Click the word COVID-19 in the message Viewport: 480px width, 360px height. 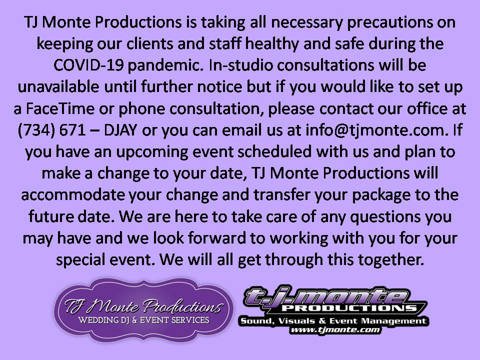tap(88, 65)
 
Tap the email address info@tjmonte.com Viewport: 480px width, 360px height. tap(375, 130)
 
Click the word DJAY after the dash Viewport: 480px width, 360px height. tap(120, 130)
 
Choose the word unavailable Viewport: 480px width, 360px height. tap(58, 87)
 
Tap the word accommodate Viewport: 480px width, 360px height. tap(73, 195)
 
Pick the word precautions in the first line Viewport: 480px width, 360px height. tap(389, 22)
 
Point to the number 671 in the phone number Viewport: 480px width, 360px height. tap(72, 130)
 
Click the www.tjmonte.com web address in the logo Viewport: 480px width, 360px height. tap(335, 329)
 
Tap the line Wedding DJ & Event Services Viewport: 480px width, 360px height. tap(143, 320)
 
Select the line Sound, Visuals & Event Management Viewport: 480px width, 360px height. tap(333, 321)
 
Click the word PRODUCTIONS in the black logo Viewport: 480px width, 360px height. tap(349, 307)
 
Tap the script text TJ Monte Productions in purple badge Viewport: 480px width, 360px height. tap(143, 306)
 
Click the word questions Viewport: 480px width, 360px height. tap(385, 216)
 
